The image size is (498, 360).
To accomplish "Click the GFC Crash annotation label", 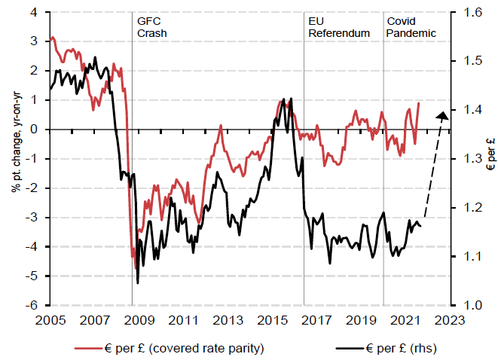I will click(x=151, y=27).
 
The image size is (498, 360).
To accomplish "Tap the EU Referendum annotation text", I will click(x=339, y=27).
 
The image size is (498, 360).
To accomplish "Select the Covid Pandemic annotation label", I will click(x=411, y=27).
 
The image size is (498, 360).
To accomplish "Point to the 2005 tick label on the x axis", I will click(x=50, y=319).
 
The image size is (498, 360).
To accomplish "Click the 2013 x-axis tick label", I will click(x=227, y=319).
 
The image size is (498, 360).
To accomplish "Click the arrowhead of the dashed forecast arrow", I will click(x=443, y=114).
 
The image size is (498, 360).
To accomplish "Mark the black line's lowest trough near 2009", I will click(x=138, y=283).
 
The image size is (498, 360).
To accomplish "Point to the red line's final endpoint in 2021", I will click(x=419, y=103).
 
